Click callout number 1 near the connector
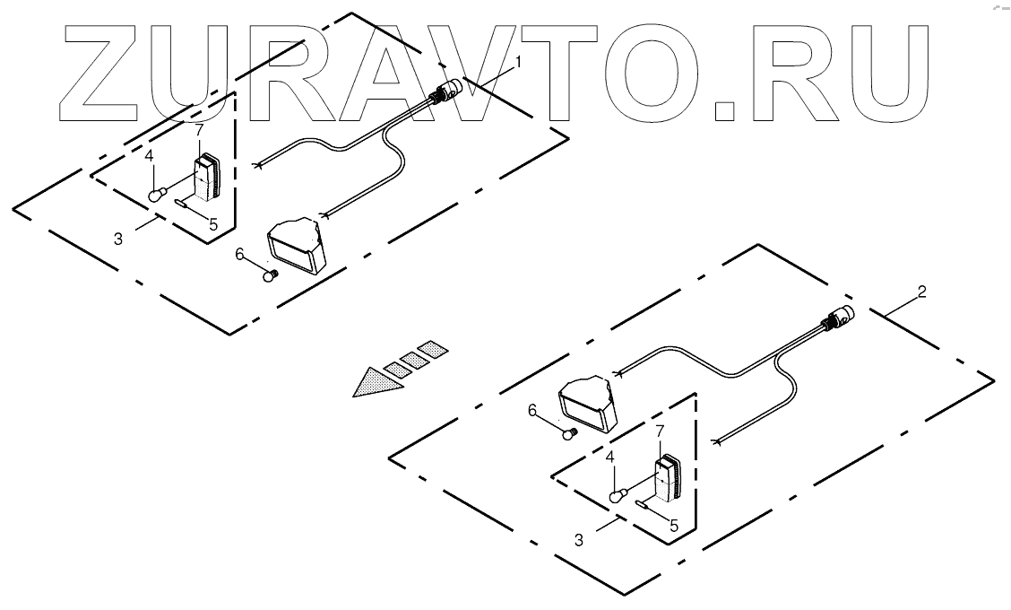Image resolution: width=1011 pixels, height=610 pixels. [517, 63]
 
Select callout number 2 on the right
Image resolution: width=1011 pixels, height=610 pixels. [923, 292]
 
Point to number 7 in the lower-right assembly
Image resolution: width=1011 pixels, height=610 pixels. [661, 432]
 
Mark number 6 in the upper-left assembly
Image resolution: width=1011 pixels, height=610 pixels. [239, 255]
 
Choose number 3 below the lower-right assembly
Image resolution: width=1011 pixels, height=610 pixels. [580, 540]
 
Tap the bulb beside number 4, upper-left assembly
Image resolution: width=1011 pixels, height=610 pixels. [158, 192]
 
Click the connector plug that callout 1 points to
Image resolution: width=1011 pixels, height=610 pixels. [448, 91]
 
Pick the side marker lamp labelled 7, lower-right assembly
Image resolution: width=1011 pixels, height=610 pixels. [668, 482]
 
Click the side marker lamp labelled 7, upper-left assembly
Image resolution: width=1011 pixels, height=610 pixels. [207, 179]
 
